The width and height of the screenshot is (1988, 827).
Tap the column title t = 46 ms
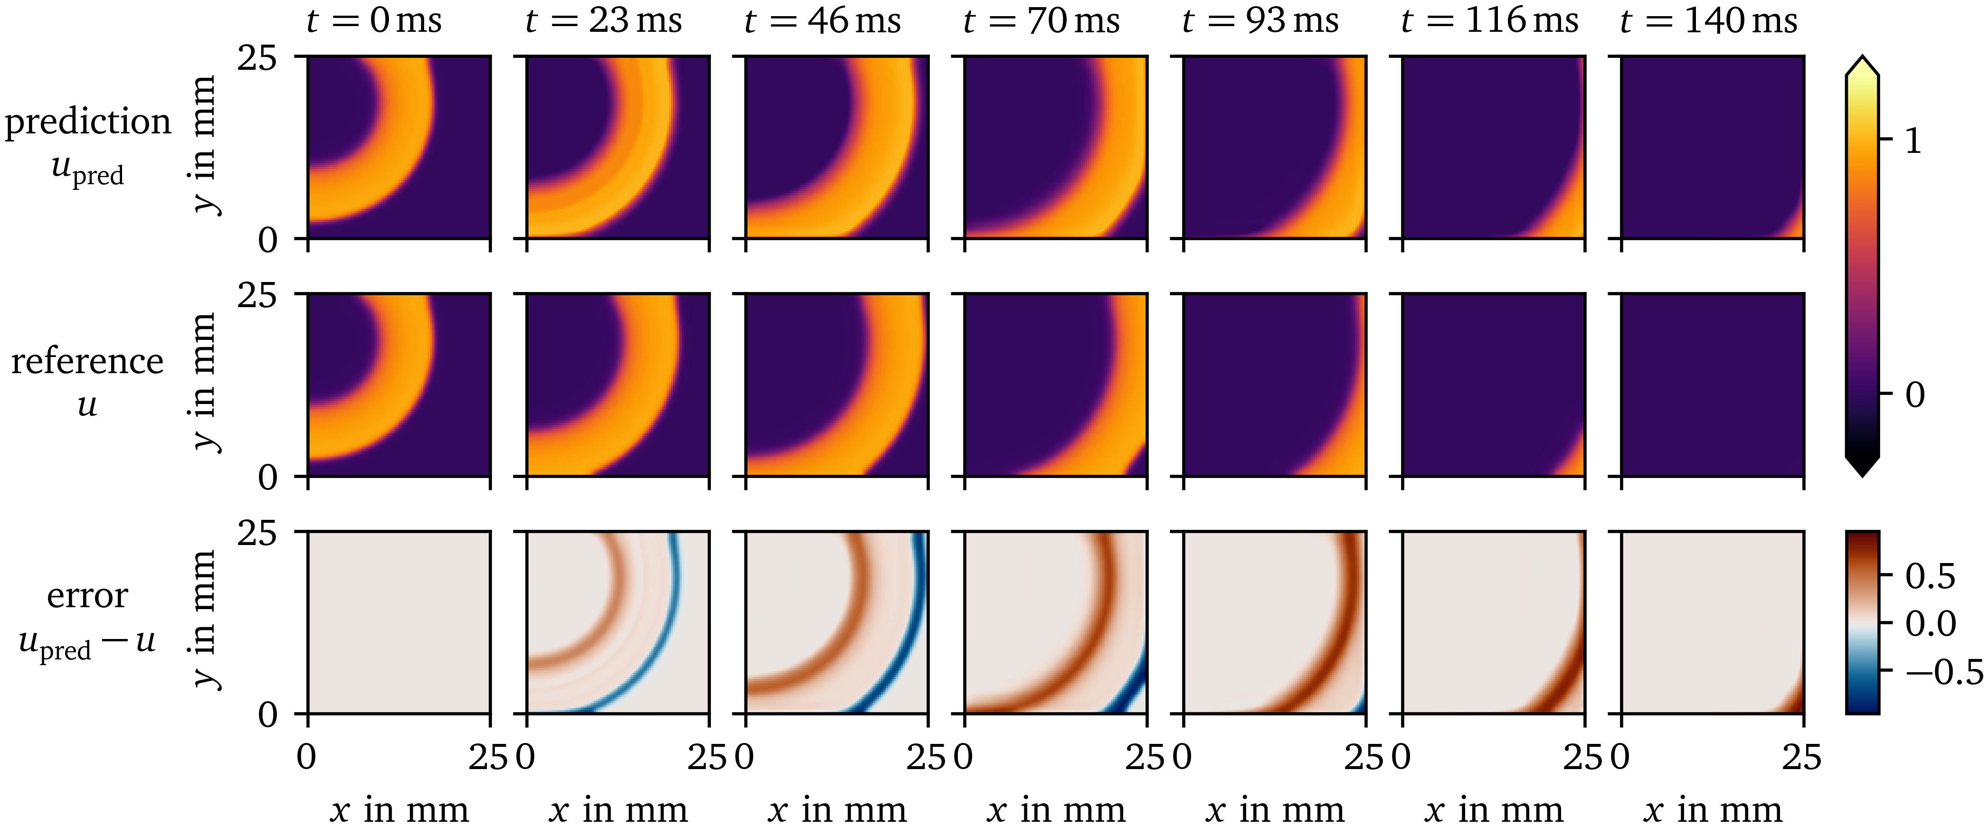[x=822, y=20]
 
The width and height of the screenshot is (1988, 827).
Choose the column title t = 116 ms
[x=1489, y=20]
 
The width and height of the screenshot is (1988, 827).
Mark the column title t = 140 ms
[x=1709, y=20]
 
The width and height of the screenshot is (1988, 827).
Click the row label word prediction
[x=87, y=122]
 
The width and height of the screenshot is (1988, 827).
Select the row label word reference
[x=87, y=361]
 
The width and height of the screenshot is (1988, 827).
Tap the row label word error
[x=87, y=595]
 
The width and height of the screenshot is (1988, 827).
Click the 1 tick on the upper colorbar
[x=1912, y=141]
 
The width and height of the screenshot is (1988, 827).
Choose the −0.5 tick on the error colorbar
[x=1944, y=672]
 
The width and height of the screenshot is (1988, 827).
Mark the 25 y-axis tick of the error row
[x=257, y=532]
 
